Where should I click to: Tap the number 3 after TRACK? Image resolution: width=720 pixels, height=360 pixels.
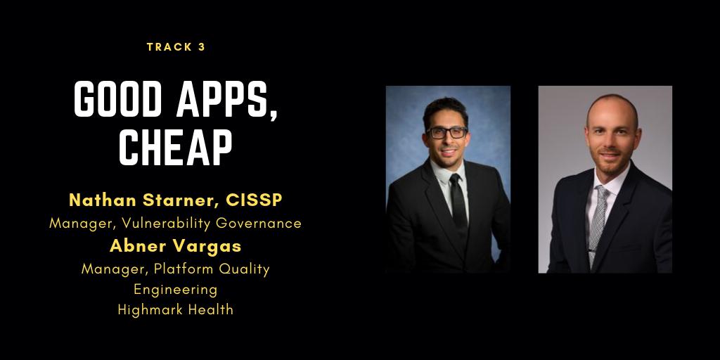click(x=202, y=47)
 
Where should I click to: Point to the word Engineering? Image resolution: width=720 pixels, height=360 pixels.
click(x=176, y=289)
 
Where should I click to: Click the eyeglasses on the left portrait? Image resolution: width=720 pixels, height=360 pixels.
click(x=446, y=132)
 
